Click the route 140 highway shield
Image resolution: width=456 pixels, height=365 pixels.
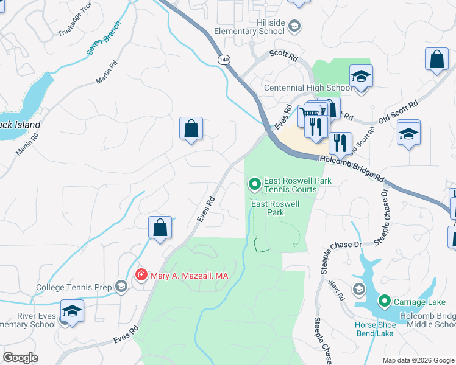[224, 59]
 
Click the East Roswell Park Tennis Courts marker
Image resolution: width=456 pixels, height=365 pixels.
[254, 182]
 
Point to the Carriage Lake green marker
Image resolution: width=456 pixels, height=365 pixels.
[384, 301]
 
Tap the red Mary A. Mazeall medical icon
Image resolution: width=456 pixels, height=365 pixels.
[141, 276]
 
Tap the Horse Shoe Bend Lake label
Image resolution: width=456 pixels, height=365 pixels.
[376, 329]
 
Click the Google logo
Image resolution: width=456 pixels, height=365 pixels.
[20, 358]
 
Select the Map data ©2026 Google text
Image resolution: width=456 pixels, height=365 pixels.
[418, 360]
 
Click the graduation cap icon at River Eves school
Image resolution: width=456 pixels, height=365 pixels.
[73, 311]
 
